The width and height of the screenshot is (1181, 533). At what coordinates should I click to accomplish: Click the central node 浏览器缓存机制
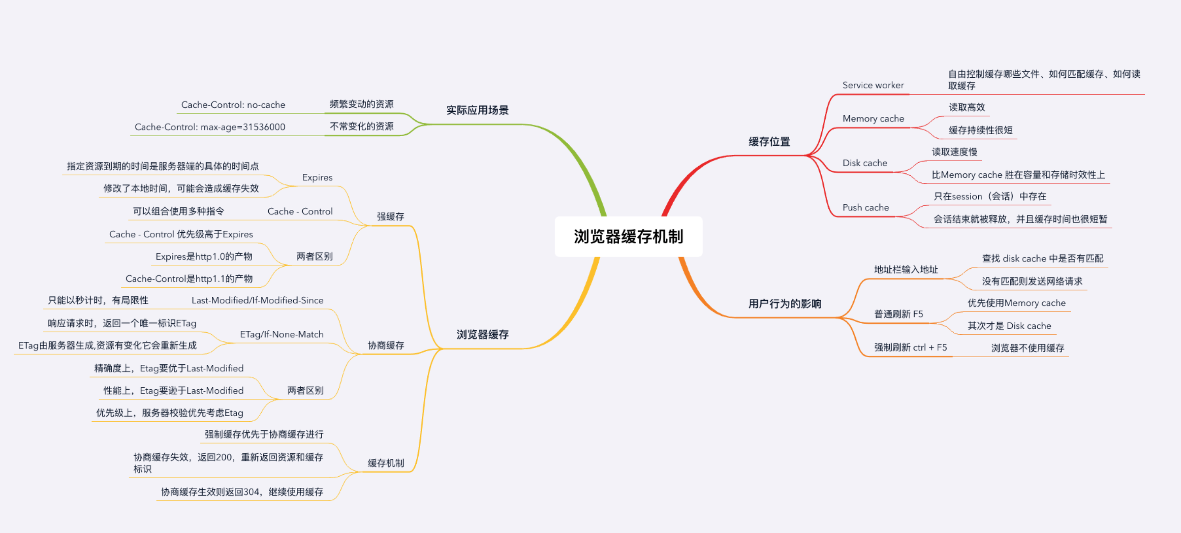point(628,237)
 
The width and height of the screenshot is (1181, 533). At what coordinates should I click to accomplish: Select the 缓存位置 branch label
point(769,142)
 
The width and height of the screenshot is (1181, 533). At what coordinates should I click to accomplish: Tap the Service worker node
point(873,85)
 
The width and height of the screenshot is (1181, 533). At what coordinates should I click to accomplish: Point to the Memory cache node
point(873,119)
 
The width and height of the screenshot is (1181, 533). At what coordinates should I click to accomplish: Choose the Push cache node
point(865,208)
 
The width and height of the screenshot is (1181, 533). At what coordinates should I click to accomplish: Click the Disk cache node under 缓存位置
point(864,163)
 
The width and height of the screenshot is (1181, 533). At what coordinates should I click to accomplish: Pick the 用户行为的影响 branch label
point(785,303)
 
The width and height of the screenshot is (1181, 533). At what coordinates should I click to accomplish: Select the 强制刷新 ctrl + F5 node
point(910,348)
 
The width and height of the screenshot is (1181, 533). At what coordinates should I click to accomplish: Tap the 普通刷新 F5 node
point(898,314)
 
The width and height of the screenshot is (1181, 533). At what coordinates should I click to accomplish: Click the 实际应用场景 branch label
point(477,110)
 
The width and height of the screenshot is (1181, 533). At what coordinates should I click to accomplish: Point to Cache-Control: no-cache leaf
point(233,105)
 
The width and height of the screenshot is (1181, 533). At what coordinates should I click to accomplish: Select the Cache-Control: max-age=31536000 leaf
point(209,127)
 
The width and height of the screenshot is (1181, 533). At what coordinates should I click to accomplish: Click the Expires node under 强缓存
point(317,177)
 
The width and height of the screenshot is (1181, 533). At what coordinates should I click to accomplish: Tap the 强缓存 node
point(390,216)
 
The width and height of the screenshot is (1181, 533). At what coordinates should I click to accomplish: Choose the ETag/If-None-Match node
point(282,335)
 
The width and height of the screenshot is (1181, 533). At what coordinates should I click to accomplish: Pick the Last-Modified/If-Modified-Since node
point(257,300)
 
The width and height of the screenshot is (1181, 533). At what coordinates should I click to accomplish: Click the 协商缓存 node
point(385,345)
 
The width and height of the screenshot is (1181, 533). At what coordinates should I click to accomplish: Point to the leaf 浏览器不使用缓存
point(1027,348)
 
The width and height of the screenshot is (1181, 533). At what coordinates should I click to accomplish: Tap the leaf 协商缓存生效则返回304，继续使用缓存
point(242,492)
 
